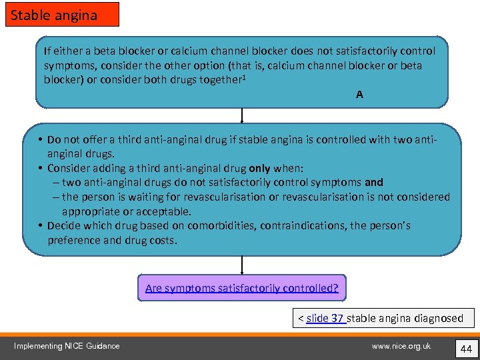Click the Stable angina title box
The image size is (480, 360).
(x=62, y=15)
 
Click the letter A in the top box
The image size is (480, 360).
(x=359, y=95)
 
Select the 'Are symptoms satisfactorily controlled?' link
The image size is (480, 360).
(x=242, y=288)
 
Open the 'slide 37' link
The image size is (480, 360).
(x=325, y=318)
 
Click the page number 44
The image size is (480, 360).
(x=465, y=348)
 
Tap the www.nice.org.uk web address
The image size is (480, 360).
(x=401, y=345)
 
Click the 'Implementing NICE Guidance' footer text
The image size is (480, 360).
(x=67, y=345)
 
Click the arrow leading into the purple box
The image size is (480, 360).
(x=241, y=265)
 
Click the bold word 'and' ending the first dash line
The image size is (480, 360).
(x=374, y=182)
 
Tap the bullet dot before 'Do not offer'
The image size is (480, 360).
(x=41, y=140)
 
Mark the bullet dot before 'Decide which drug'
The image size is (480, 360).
(x=41, y=225)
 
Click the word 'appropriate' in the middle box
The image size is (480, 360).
(x=91, y=211)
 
